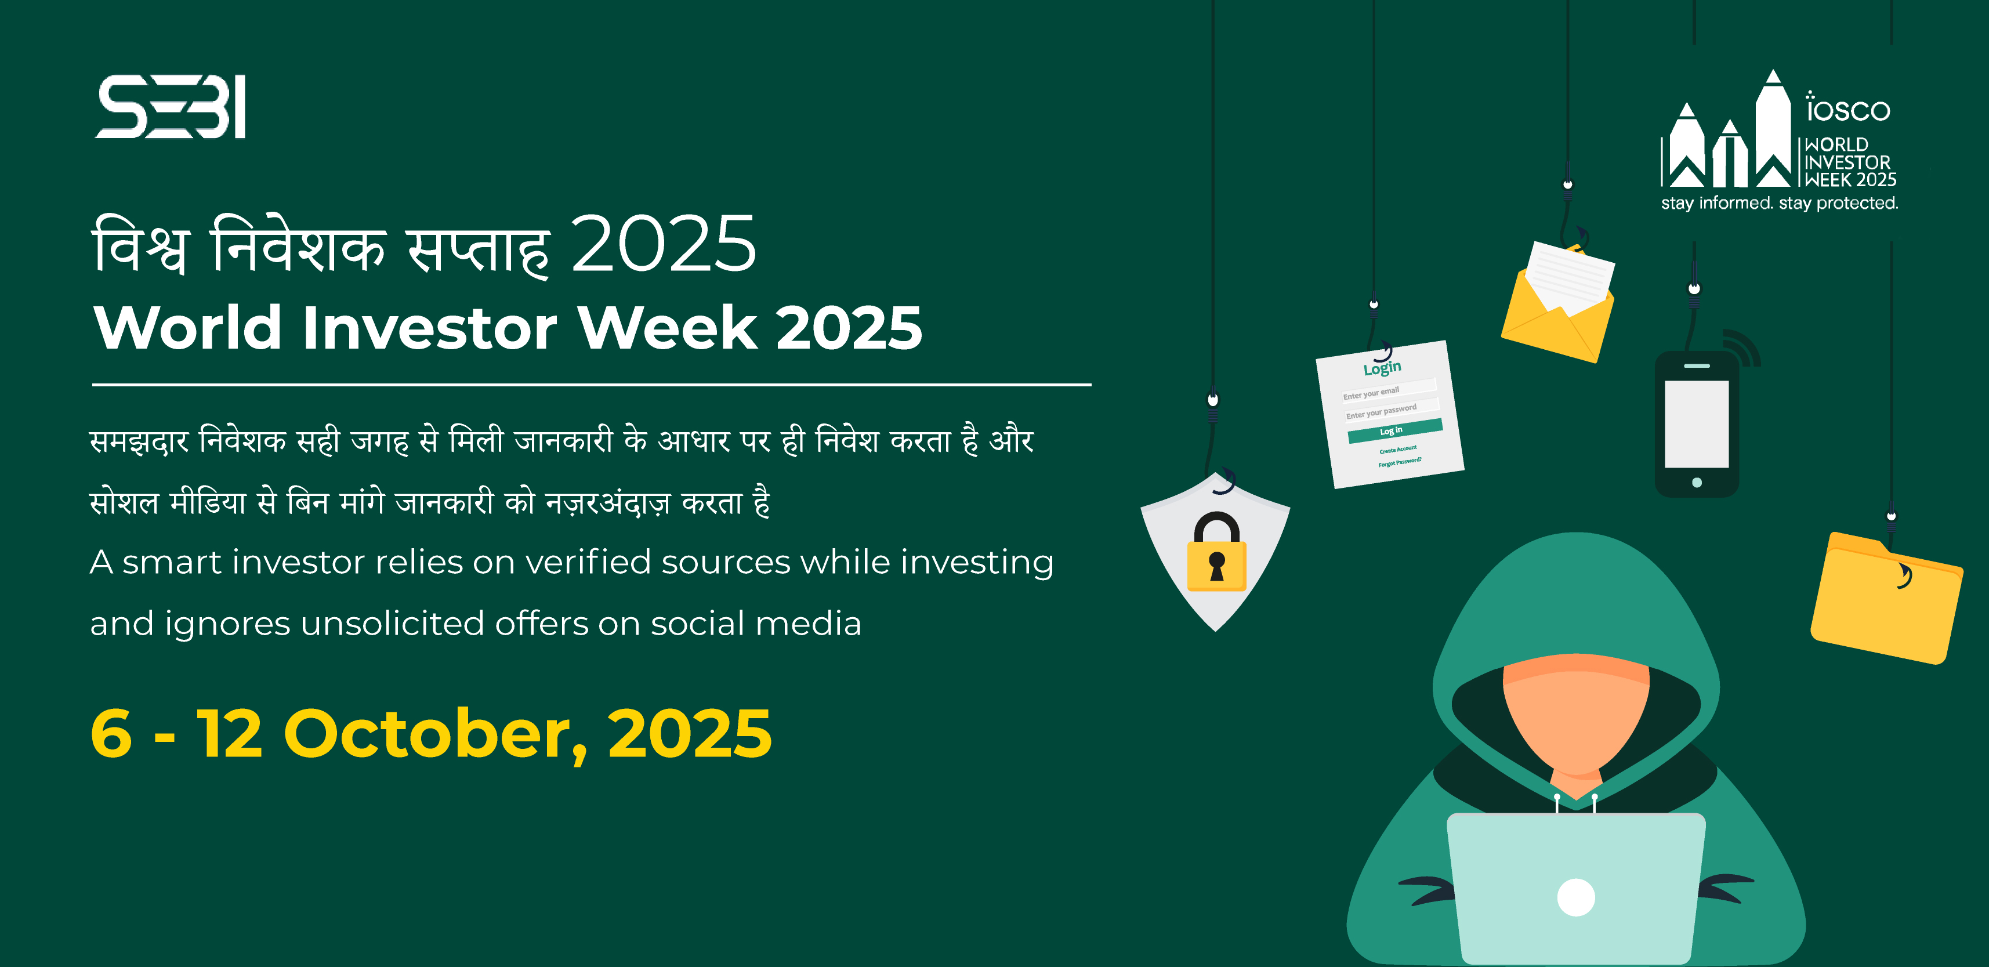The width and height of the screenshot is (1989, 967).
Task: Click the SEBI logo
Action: pyautogui.click(x=171, y=107)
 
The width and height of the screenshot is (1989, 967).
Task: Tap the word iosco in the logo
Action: pyautogui.click(x=1847, y=107)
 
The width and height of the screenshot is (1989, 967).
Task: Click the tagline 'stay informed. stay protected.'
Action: pyautogui.click(x=1779, y=203)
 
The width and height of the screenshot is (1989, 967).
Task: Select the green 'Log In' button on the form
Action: pyautogui.click(x=1395, y=431)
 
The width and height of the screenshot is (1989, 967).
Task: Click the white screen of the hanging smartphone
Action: pyautogui.click(x=1697, y=424)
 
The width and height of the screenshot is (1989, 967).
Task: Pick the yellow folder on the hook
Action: pyautogui.click(x=1886, y=599)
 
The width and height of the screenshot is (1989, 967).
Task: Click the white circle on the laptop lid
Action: pyautogui.click(x=1576, y=897)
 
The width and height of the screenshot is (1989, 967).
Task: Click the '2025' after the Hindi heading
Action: pyautogui.click(x=664, y=245)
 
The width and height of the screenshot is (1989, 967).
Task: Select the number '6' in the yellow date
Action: pyautogui.click(x=111, y=734)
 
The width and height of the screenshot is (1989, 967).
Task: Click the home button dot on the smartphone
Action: pyautogui.click(x=1697, y=483)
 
